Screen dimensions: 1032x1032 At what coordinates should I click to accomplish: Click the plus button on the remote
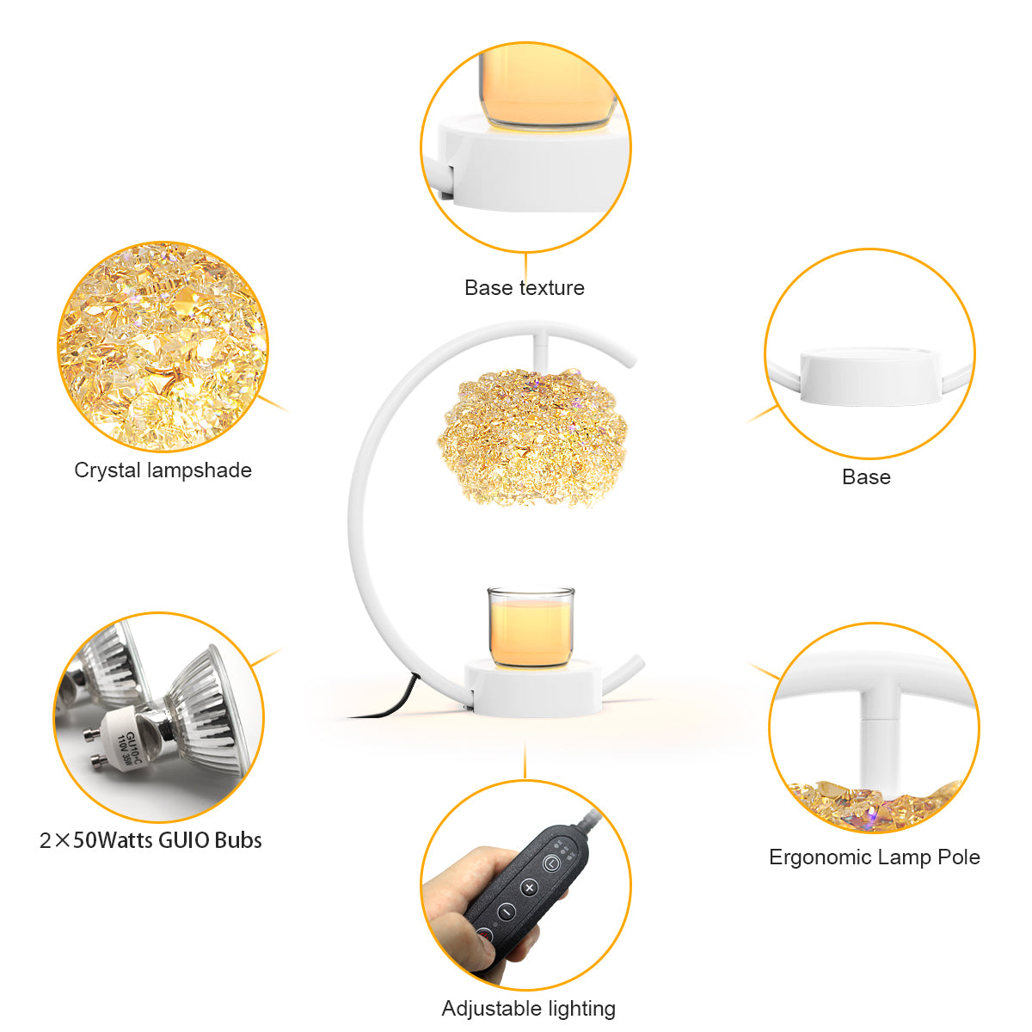pos(529,888)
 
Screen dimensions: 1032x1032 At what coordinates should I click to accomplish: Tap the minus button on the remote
pos(506,911)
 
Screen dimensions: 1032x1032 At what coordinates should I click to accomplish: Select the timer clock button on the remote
pos(551,863)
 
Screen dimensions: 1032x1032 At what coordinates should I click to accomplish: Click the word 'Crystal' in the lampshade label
pos(107,470)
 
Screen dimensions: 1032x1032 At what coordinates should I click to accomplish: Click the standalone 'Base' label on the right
pos(866,477)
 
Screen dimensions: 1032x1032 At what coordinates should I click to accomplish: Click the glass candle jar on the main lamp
pos(531,627)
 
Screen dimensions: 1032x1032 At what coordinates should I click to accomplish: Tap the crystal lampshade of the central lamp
pos(531,438)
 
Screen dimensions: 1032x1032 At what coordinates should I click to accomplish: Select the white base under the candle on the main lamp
pos(533,688)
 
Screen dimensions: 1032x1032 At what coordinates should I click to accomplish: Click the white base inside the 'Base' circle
pos(869,376)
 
